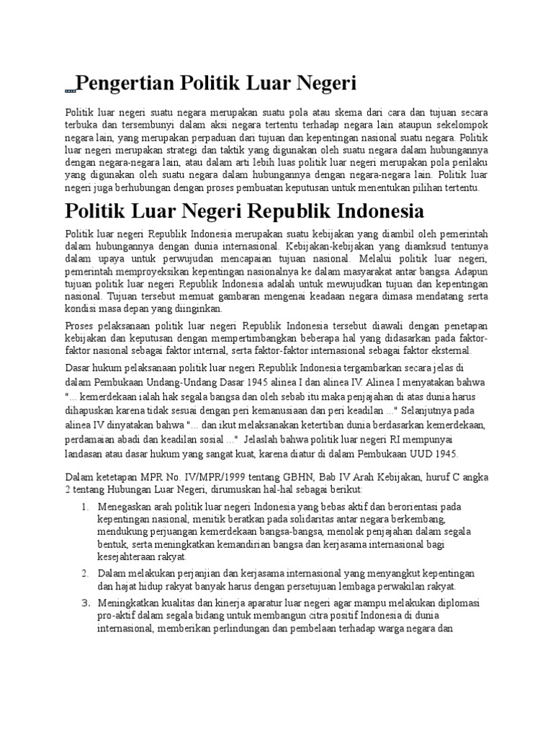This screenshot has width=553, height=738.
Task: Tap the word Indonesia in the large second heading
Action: [367, 213]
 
